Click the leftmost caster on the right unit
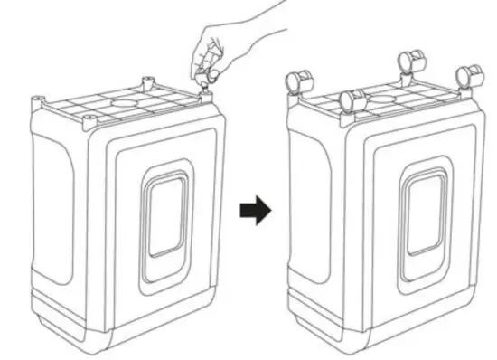click(296, 81)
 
